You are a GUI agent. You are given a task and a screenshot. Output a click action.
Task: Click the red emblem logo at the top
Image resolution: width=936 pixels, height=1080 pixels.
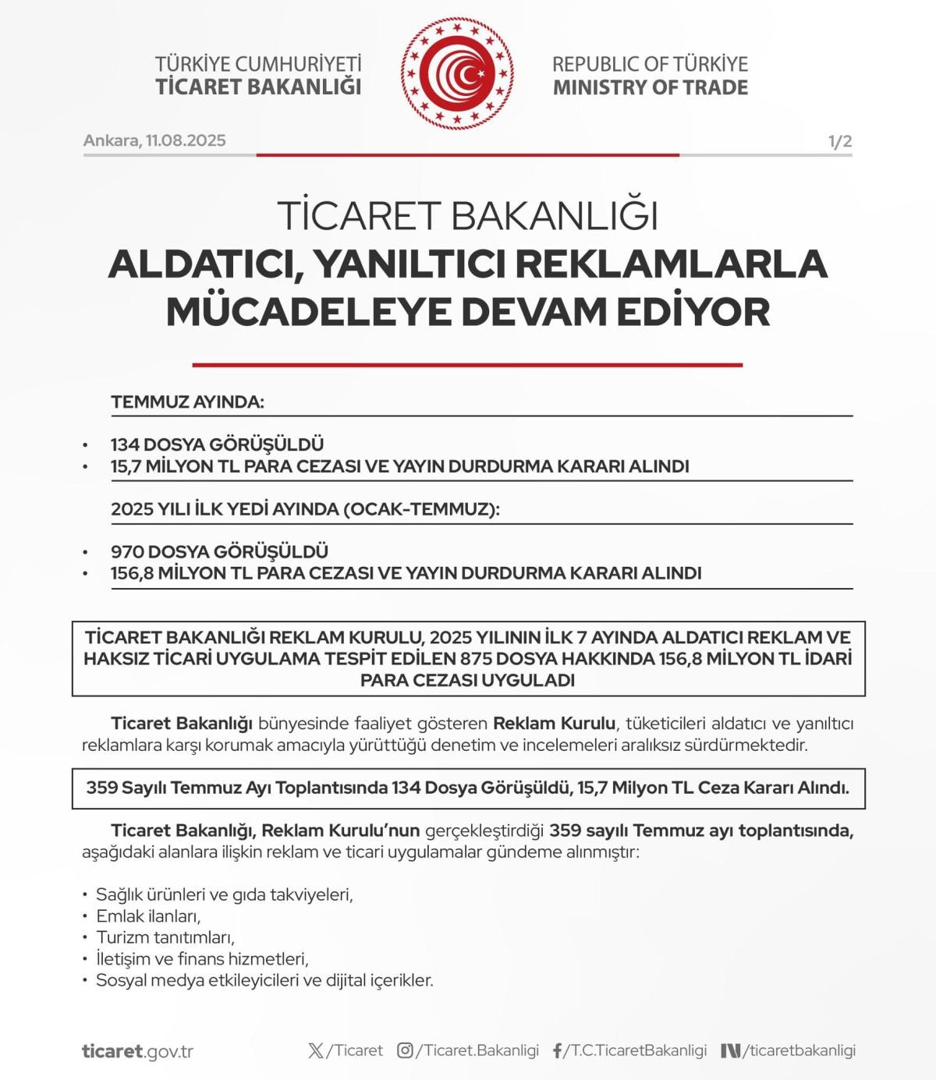pyautogui.click(x=457, y=74)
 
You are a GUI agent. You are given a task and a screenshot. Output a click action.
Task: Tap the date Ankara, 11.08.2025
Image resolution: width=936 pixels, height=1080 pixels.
pyautogui.click(x=154, y=140)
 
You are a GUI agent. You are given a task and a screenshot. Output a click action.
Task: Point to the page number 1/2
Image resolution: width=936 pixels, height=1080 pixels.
pyautogui.click(x=839, y=141)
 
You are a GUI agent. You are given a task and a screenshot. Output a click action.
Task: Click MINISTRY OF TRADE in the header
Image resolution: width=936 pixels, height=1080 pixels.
pyautogui.click(x=650, y=87)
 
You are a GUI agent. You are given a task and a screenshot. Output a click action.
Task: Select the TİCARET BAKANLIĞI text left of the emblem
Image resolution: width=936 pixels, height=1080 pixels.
pyautogui.click(x=258, y=87)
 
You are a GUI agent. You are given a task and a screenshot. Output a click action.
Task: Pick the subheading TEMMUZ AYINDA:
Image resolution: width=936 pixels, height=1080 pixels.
pyautogui.click(x=187, y=402)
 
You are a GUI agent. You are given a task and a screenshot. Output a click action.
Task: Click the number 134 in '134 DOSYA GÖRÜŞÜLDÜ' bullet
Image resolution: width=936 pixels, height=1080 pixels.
pyautogui.click(x=125, y=444)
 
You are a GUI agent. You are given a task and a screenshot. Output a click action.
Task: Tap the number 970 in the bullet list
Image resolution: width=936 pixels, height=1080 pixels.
pyautogui.click(x=127, y=551)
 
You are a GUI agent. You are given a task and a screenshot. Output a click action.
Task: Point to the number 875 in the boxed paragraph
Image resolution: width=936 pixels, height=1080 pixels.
pyautogui.click(x=476, y=658)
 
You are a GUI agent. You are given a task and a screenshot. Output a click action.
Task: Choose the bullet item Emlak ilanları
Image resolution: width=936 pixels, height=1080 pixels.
pyautogui.click(x=148, y=916)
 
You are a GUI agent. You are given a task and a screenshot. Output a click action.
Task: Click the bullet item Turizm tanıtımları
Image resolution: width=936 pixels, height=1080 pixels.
pyautogui.click(x=165, y=937)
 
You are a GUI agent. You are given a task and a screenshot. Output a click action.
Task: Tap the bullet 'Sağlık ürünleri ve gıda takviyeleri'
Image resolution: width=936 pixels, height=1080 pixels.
pyautogui.click(x=224, y=894)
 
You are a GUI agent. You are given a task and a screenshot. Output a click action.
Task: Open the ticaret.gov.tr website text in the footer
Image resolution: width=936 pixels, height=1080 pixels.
pyautogui.click(x=137, y=1051)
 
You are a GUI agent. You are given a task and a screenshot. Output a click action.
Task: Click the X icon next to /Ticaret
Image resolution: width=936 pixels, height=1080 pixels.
pyautogui.click(x=316, y=1050)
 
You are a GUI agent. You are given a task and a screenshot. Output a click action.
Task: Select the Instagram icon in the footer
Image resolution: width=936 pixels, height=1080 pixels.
pyautogui.click(x=405, y=1050)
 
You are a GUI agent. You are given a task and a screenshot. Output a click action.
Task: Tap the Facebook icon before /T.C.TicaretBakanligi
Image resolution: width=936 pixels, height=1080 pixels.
pyautogui.click(x=558, y=1050)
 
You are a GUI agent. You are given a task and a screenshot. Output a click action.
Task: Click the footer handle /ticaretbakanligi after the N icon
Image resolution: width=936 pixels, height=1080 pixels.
pyautogui.click(x=799, y=1050)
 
